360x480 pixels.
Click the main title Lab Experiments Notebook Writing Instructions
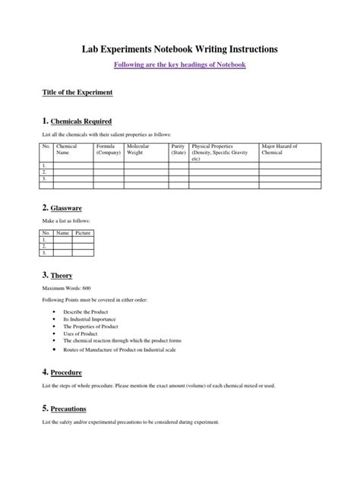[179, 49]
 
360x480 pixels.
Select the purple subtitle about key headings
[179, 65]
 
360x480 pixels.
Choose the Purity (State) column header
[178, 149]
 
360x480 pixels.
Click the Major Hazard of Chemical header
[279, 149]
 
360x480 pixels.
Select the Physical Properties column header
[223, 152]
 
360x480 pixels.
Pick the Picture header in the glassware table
[83, 234]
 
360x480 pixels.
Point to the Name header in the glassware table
[63, 234]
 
